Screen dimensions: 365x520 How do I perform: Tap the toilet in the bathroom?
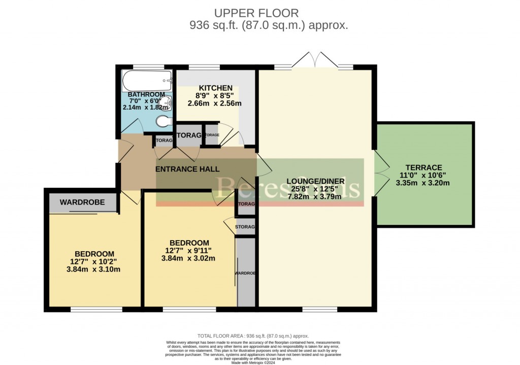point(163,122)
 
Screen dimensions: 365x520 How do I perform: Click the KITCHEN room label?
point(215,88)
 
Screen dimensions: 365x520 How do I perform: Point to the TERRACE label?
point(424,168)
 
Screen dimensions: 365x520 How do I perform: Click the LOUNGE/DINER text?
point(315,181)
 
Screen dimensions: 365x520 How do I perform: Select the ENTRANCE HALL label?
point(187,169)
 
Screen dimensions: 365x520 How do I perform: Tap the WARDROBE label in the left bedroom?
point(82,202)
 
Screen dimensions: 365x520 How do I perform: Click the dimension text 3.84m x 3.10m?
point(94,269)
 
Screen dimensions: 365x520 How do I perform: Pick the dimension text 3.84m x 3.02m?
point(189,258)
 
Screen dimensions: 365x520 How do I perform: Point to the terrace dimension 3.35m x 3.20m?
point(423,183)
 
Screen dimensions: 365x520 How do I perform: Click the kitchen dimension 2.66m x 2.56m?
point(215,103)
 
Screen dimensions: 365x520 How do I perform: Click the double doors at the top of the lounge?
point(315,60)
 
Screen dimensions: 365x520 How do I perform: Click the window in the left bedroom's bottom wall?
point(96,309)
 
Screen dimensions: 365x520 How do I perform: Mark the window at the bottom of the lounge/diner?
point(319,309)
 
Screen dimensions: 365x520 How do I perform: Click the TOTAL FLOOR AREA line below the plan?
point(259,336)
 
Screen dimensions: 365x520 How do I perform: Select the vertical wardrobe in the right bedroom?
point(246,273)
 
